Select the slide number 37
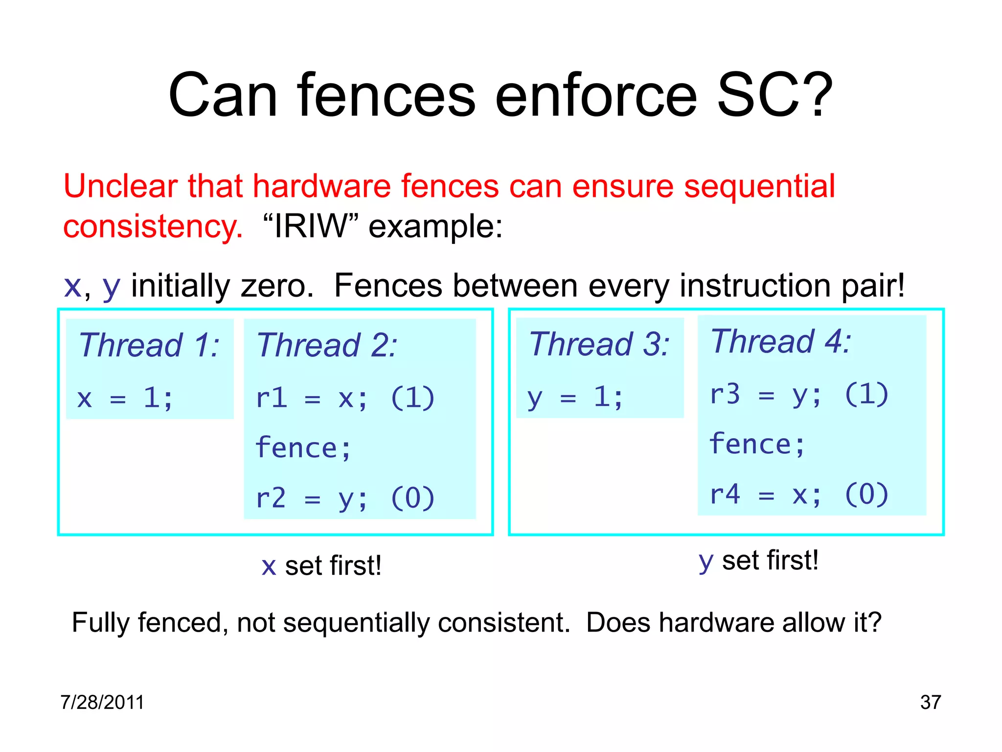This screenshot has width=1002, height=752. (930, 702)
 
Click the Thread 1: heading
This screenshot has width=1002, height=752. (149, 345)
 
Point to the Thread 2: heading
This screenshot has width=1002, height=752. (327, 345)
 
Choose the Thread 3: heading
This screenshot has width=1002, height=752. (599, 344)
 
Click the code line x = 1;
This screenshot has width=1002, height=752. (125, 398)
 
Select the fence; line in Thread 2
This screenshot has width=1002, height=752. (303, 447)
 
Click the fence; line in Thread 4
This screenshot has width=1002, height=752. (757, 444)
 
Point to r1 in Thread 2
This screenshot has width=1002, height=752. (271, 398)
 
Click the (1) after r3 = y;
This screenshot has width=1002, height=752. (866, 394)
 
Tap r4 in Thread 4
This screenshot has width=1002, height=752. (725, 494)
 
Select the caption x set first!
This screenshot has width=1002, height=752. (321, 566)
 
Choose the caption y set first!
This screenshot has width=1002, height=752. (758, 561)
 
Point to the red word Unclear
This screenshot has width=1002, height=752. (120, 187)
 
